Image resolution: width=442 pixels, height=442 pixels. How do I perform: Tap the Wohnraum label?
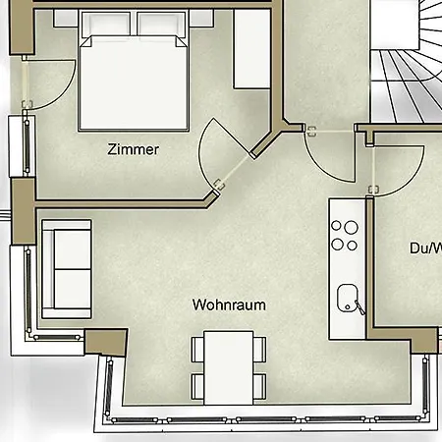coord(230,304)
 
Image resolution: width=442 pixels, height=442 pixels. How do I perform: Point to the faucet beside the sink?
coord(359,307)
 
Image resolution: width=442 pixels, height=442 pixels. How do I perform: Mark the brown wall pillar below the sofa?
coord(105,344)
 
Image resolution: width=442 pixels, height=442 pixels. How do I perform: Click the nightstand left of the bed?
coord(65,19)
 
